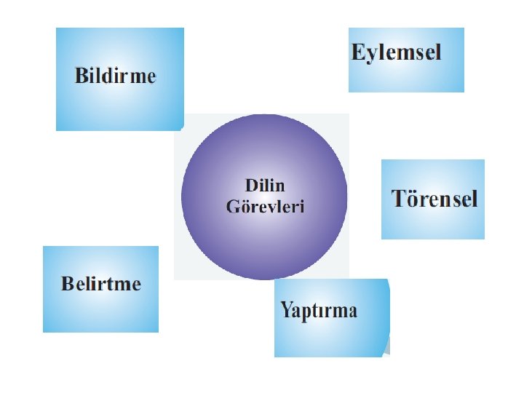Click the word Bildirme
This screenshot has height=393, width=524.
click(x=115, y=76)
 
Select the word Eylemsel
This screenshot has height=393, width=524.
click(x=396, y=52)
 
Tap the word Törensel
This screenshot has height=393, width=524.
click(x=434, y=198)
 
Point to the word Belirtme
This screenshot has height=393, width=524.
click(x=100, y=283)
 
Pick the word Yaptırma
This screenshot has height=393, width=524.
click(x=319, y=311)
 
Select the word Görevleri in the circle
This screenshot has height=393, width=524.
click(x=265, y=207)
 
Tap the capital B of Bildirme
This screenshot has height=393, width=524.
click(x=80, y=76)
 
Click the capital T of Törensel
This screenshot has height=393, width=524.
click(x=398, y=198)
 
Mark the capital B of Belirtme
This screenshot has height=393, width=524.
click(x=67, y=283)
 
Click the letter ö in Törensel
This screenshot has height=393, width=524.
click(x=412, y=199)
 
